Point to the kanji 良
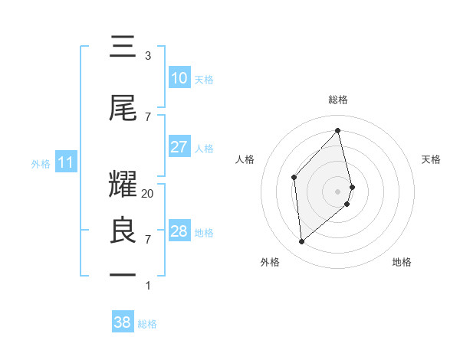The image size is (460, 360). [x=123, y=231]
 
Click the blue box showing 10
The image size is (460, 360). [x=179, y=78]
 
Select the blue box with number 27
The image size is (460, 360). [x=179, y=147]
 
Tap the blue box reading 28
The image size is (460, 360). [x=179, y=231]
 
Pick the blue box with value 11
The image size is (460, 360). [x=65, y=162]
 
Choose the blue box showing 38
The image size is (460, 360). [x=123, y=323]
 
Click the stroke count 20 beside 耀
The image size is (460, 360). [x=148, y=194]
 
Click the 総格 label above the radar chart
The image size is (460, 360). [x=338, y=100]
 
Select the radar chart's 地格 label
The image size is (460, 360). [x=402, y=263]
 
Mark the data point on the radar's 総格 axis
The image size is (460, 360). [x=338, y=131]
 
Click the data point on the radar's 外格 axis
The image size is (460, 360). [x=302, y=241]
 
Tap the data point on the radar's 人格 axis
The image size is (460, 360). [x=294, y=177]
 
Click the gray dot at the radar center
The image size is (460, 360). [x=338, y=191]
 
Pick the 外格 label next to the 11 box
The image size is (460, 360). [x=41, y=163]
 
